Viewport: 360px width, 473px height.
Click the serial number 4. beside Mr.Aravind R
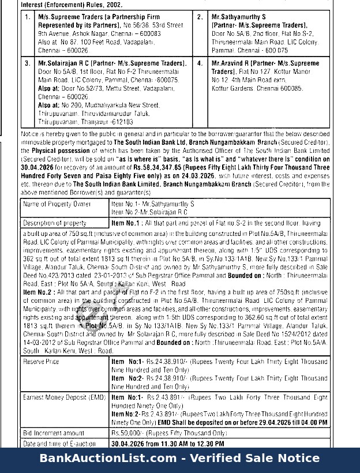pyautogui.click(x=200, y=62)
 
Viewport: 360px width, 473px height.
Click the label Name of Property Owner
pyautogui.click(x=57, y=204)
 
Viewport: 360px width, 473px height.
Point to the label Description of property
pyautogui.click(x=54, y=223)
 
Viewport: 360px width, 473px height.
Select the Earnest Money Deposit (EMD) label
pyautogui.click(x=64, y=397)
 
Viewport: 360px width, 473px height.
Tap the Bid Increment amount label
pyautogui.click(x=54, y=433)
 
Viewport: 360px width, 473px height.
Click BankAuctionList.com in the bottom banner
pyautogui.click(x=108, y=459)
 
